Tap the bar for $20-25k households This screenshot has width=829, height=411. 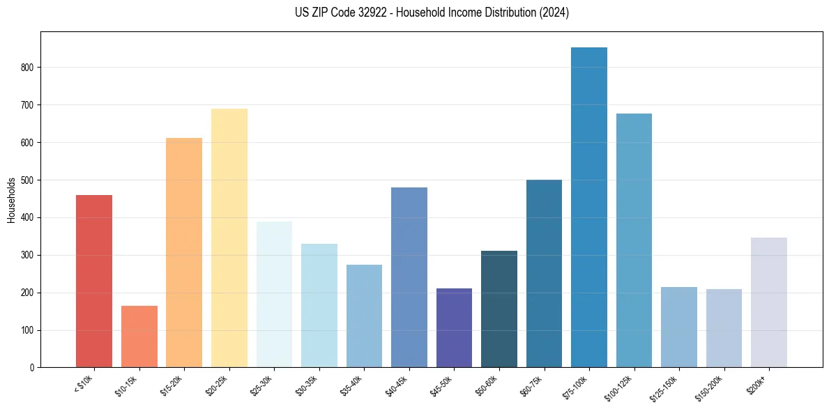coord(229,238)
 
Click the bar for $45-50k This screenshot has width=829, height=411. coord(454,327)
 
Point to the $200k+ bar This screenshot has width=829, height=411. coord(769,302)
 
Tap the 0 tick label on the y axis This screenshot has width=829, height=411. coord(32,368)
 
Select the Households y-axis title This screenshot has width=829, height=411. coord(11,200)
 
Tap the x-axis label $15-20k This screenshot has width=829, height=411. coord(174,385)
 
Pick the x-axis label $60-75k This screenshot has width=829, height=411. coord(535,385)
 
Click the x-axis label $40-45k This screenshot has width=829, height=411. coord(400,385)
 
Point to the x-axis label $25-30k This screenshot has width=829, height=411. coord(264,385)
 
